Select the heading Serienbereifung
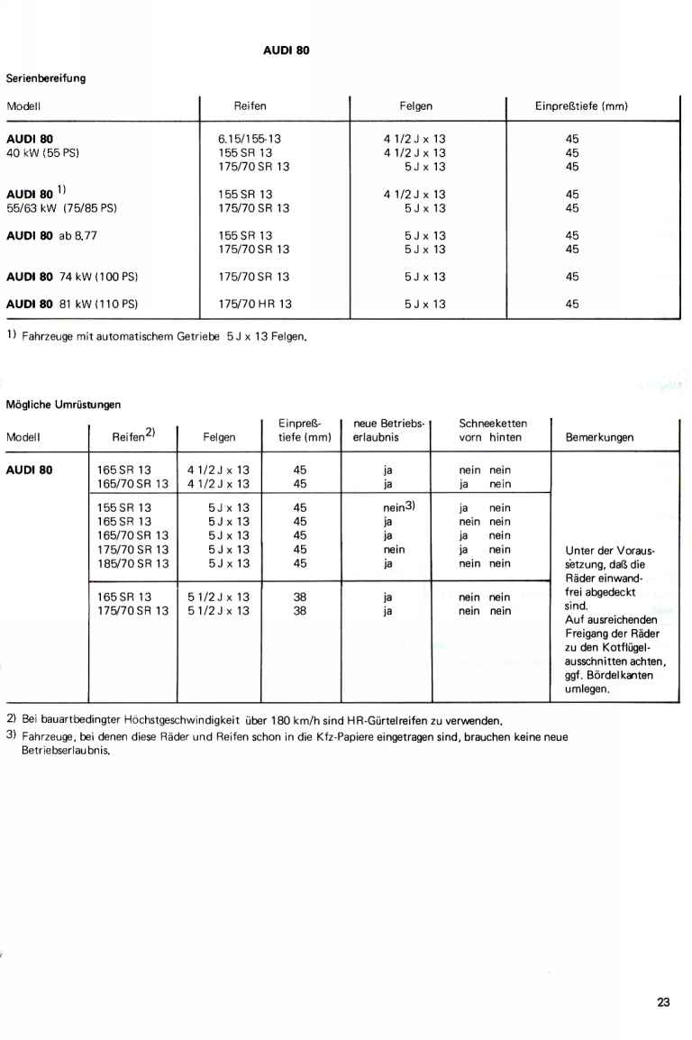(46, 78)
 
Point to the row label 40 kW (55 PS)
(43, 152)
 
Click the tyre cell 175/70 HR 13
(255, 304)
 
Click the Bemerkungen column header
(599, 438)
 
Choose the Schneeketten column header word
(493, 422)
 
